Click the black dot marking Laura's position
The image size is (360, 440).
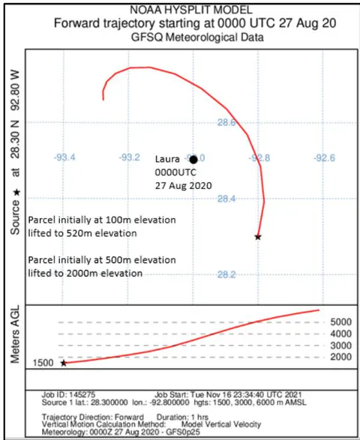click(x=193, y=160)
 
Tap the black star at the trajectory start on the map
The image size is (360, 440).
click(x=258, y=237)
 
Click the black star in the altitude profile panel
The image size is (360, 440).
click(x=64, y=363)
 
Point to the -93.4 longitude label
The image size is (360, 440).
click(x=64, y=157)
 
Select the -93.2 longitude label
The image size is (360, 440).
click(x=129, y=157)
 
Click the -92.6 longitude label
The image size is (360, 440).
click(x=324, y=158)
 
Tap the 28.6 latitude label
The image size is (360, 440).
click(x=226, y=122)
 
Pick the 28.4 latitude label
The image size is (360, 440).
click(x=226, y=199)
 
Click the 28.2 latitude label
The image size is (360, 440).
click(x=226, y=274)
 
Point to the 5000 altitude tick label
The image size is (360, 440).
click(x=341, y=322)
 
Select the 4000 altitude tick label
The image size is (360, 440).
click(x=341, y=334)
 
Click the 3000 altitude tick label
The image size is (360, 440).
click(x=341, y=346)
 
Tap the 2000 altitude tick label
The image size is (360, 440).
click(x=341, y=357)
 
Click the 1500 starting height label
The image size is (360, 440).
click(x=43, y=363)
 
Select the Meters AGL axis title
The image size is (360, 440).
click(x=15, y=334)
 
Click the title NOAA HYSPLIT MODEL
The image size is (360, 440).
click(x=191, y=10)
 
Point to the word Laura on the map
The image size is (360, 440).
click(x=167, y=159)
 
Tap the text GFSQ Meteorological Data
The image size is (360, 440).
click(x=197, y=37)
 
